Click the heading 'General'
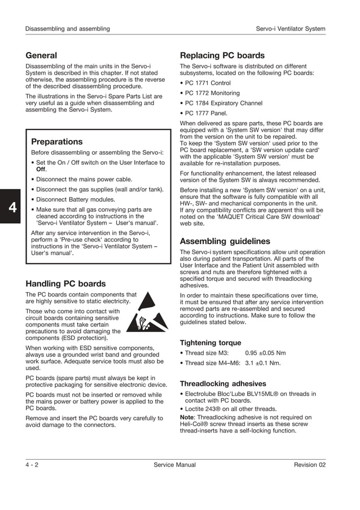41,55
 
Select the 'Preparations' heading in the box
56,141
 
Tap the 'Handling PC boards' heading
65,284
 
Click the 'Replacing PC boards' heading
222,55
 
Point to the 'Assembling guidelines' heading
225,241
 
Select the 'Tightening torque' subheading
210,343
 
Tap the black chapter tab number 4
11,207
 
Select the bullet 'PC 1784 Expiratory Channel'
223,103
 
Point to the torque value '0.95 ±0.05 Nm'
265,353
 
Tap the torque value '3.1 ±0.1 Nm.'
263,363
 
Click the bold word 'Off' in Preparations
41,169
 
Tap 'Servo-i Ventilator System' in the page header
291,29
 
